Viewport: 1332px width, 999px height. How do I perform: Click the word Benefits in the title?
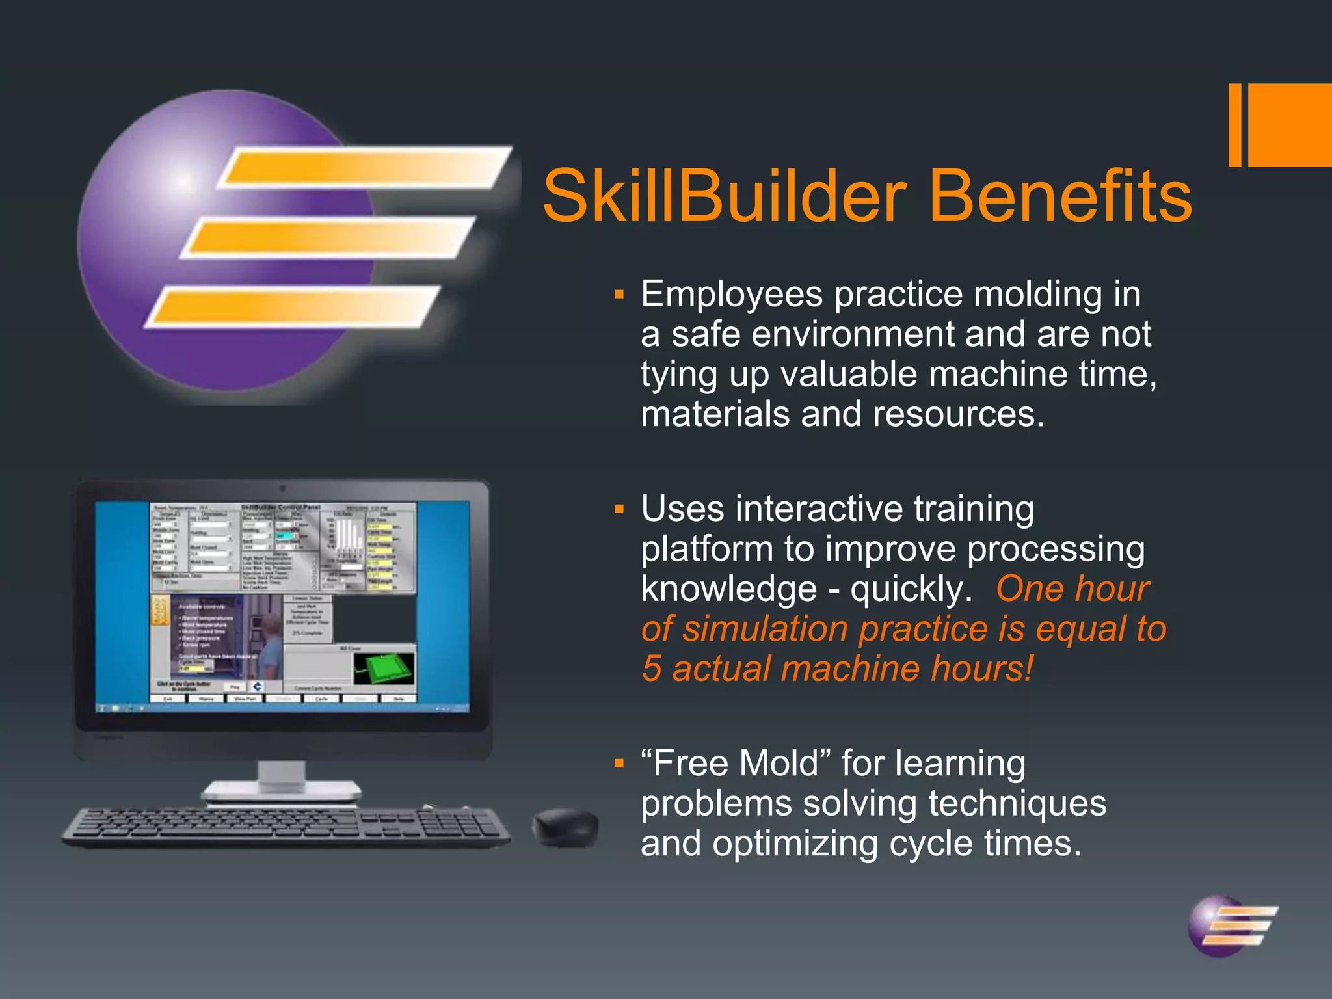tap(1059, 196)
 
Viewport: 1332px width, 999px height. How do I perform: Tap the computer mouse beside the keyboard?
tap(565, 827)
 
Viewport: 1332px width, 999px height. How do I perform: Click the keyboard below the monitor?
tap(286, 827)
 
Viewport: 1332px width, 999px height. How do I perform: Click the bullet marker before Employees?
tap(619, 295)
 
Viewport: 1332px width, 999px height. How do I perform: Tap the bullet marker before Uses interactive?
tap(619, 509)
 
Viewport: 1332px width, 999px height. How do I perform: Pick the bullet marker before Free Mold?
tap(619, 764)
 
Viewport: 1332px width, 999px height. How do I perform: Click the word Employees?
tap(732, 295)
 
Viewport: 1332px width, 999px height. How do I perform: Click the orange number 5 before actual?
tap(652, 669)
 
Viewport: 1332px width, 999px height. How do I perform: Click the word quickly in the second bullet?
tap(911, 589)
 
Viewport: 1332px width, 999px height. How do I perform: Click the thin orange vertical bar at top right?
tap(1234, 125)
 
